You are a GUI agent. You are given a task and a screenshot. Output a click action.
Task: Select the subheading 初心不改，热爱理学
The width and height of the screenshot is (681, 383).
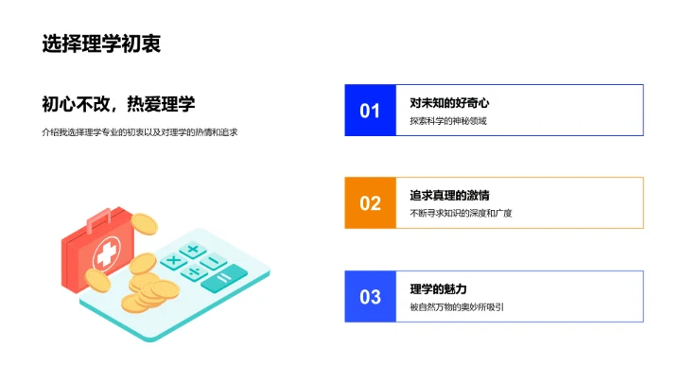pos(125,105)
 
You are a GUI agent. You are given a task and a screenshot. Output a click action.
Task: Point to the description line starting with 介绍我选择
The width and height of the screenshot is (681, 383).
pos(139,132)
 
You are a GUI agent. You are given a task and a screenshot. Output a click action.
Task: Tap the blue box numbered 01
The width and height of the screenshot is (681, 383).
pos(370,111)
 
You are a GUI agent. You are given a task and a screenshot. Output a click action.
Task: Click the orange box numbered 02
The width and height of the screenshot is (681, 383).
pos(370,203)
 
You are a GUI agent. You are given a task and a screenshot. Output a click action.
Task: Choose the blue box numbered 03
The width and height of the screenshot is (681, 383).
pos(370,297)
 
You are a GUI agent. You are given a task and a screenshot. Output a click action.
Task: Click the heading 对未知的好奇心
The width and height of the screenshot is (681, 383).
pos(449,102)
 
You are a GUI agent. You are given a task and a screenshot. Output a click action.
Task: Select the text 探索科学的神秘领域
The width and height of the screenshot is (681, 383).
pos(448,121)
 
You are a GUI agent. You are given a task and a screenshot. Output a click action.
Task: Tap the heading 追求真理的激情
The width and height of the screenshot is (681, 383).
pos(449,195)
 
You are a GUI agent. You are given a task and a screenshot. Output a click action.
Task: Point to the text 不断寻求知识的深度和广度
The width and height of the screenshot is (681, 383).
pos(461,214)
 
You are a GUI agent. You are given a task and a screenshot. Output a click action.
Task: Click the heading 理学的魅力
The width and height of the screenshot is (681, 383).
pos(439,288)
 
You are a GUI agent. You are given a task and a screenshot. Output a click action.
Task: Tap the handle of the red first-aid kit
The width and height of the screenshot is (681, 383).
pos(98,223)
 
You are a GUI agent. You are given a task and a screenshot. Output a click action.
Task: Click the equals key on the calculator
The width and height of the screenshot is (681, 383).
pos(224,277)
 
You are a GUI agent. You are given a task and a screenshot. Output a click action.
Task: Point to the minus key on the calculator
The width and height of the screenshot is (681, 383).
pos(215,261)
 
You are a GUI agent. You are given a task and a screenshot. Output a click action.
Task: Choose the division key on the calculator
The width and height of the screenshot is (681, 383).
pos(194,272)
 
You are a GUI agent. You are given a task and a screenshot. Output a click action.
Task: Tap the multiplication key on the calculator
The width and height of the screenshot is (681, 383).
pos(173,260)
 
